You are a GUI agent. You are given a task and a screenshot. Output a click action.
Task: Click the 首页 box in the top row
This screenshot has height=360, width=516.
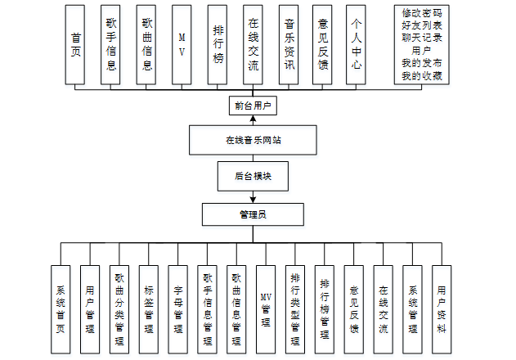76,45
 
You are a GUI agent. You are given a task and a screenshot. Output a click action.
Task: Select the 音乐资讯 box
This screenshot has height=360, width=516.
287,45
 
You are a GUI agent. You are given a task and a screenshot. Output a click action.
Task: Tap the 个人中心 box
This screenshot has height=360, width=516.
353,45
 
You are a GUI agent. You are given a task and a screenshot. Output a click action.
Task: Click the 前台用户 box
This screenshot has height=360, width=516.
252,106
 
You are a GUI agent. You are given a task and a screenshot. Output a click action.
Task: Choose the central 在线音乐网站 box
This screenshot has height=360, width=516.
252,140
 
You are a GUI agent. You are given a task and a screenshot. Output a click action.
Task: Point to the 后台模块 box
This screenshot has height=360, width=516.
252,175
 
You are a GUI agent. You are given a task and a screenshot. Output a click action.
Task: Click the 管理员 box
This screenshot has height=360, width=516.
252,214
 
